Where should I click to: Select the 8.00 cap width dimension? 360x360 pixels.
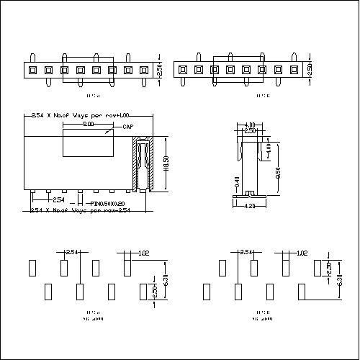tap(88, 124)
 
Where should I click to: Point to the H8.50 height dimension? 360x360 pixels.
tap(166, 165)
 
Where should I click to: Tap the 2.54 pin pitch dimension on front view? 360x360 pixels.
tap(58, 199)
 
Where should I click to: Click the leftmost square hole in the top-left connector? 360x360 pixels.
tap(32, 70)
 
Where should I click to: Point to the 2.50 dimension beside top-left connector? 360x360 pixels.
tap(161, 70)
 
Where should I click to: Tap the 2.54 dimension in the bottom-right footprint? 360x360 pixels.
tap(246, 253)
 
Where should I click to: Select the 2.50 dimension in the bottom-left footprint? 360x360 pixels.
tap(153, 292)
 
